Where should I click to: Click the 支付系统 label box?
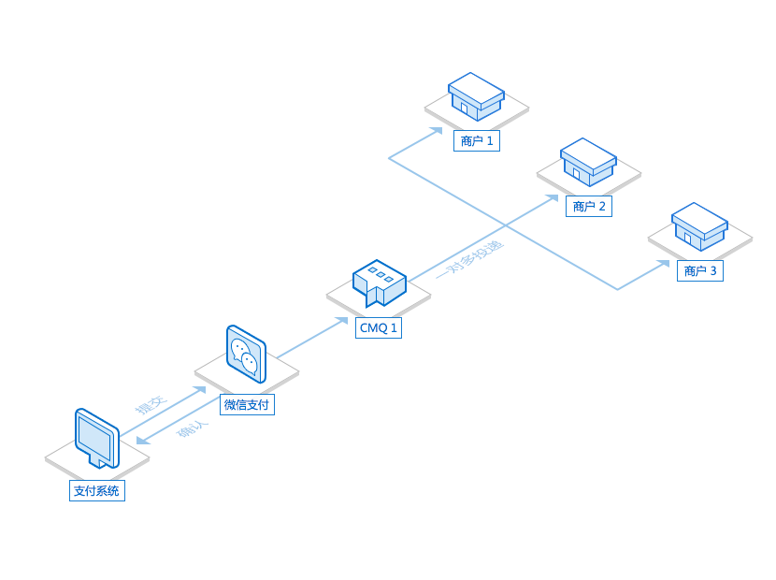97,490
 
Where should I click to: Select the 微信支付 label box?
247,405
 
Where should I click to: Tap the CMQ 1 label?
379,328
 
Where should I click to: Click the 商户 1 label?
477,140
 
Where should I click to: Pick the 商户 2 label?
589,206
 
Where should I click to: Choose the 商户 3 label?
700,271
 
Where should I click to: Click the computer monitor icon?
97,439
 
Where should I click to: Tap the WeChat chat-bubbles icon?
246,355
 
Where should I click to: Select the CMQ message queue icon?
380,283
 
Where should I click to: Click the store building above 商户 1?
476,96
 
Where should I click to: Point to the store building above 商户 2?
588,162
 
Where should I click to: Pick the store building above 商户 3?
699,226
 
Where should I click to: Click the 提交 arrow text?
151,405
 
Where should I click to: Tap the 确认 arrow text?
193,429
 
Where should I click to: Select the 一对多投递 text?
469,259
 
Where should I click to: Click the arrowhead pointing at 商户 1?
436,131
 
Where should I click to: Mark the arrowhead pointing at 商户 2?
553,198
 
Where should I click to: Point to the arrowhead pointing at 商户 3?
663,265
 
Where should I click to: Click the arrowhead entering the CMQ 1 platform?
341,322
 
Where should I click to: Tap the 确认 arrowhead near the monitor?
143,441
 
